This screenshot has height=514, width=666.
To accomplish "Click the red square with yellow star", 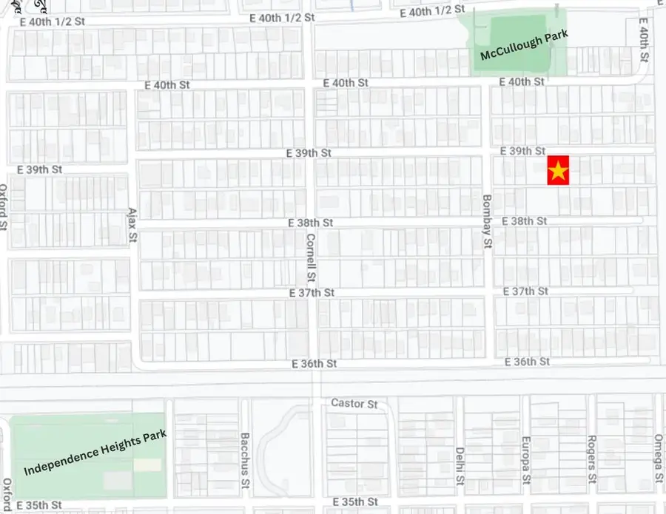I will click(558, 171).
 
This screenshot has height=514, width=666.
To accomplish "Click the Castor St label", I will click(354, 404).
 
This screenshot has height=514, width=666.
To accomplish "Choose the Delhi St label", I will click(460, 466).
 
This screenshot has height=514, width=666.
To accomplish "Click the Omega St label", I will click(657, 461).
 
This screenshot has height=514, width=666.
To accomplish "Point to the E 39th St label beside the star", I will click(522, 151).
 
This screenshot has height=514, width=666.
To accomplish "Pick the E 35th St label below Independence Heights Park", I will click(39, 506).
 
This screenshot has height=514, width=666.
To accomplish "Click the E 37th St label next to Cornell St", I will click(312, 294).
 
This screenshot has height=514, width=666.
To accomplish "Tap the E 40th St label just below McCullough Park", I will click(522, 81).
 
